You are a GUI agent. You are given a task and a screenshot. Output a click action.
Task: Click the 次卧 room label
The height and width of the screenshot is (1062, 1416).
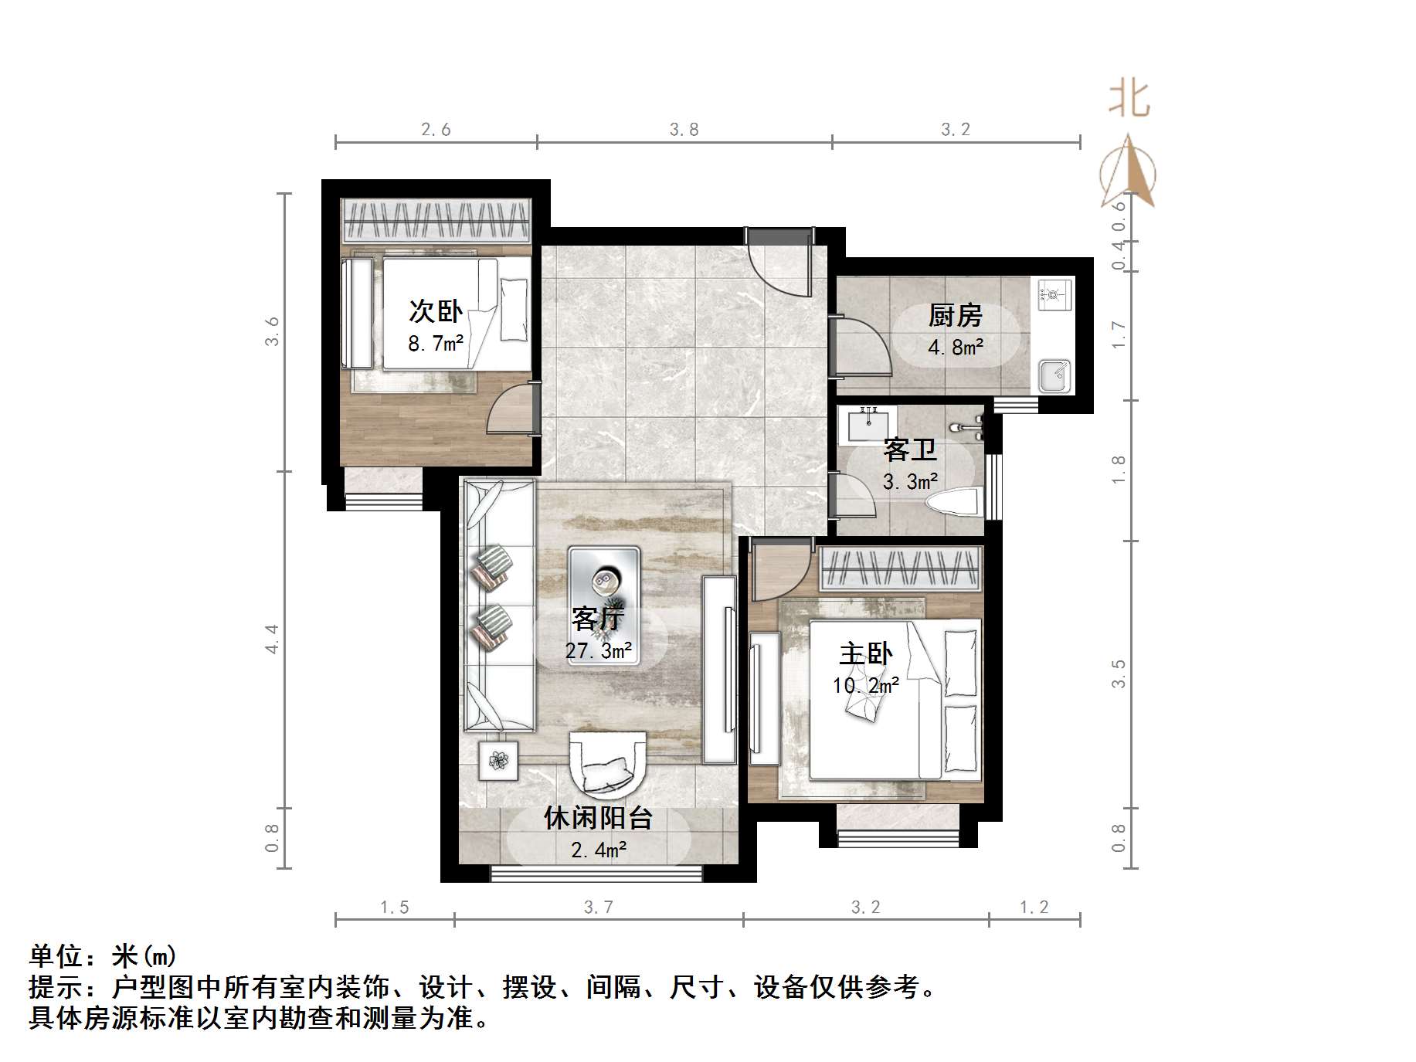[436, 311]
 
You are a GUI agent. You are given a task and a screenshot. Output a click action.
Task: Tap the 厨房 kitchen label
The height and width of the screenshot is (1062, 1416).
[955, 315]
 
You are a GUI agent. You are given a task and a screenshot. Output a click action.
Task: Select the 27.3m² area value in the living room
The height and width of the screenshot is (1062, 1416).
[599, 651]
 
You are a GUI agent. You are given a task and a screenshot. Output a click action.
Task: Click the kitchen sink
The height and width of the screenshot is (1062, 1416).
[1053, 375]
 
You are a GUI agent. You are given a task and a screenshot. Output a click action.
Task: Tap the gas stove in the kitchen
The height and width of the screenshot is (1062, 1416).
[1054, 294]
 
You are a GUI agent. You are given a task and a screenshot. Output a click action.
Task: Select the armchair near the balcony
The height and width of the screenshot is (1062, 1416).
[606, 763]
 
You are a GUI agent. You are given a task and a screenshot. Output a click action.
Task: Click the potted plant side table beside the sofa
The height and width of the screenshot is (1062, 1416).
[499, 761]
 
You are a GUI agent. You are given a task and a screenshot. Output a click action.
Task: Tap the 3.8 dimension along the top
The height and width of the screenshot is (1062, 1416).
[684, 130]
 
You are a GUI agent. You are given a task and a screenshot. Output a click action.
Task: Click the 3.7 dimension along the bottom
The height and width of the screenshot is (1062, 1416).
[598, 907]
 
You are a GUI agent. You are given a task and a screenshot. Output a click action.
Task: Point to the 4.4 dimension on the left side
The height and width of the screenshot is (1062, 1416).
[272, 639]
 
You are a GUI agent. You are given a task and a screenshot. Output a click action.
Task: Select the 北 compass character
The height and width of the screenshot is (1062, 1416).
[1129, 100]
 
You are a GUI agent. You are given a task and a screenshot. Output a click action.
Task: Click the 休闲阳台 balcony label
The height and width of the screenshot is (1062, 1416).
[598, 818]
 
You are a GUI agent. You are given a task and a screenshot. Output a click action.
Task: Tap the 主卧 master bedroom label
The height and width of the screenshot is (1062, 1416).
[866, 654]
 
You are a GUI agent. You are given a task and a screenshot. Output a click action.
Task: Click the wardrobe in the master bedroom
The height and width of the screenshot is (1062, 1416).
[900, 568]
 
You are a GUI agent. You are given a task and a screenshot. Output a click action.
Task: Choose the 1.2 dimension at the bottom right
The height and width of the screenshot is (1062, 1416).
[1034, 907]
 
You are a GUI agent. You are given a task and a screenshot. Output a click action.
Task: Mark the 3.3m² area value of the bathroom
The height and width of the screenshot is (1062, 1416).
[910, 482]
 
